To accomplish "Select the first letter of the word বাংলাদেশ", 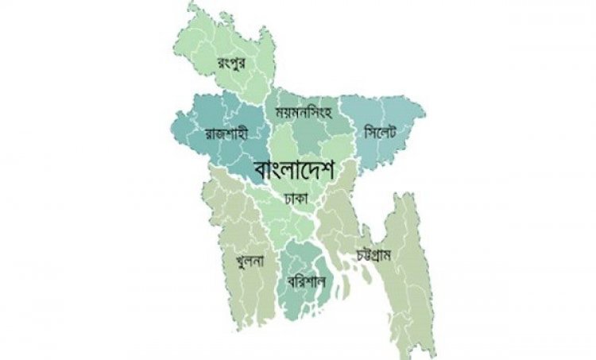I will click(x=262, y=171).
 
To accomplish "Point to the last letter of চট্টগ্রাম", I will click(x=397, y=257).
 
